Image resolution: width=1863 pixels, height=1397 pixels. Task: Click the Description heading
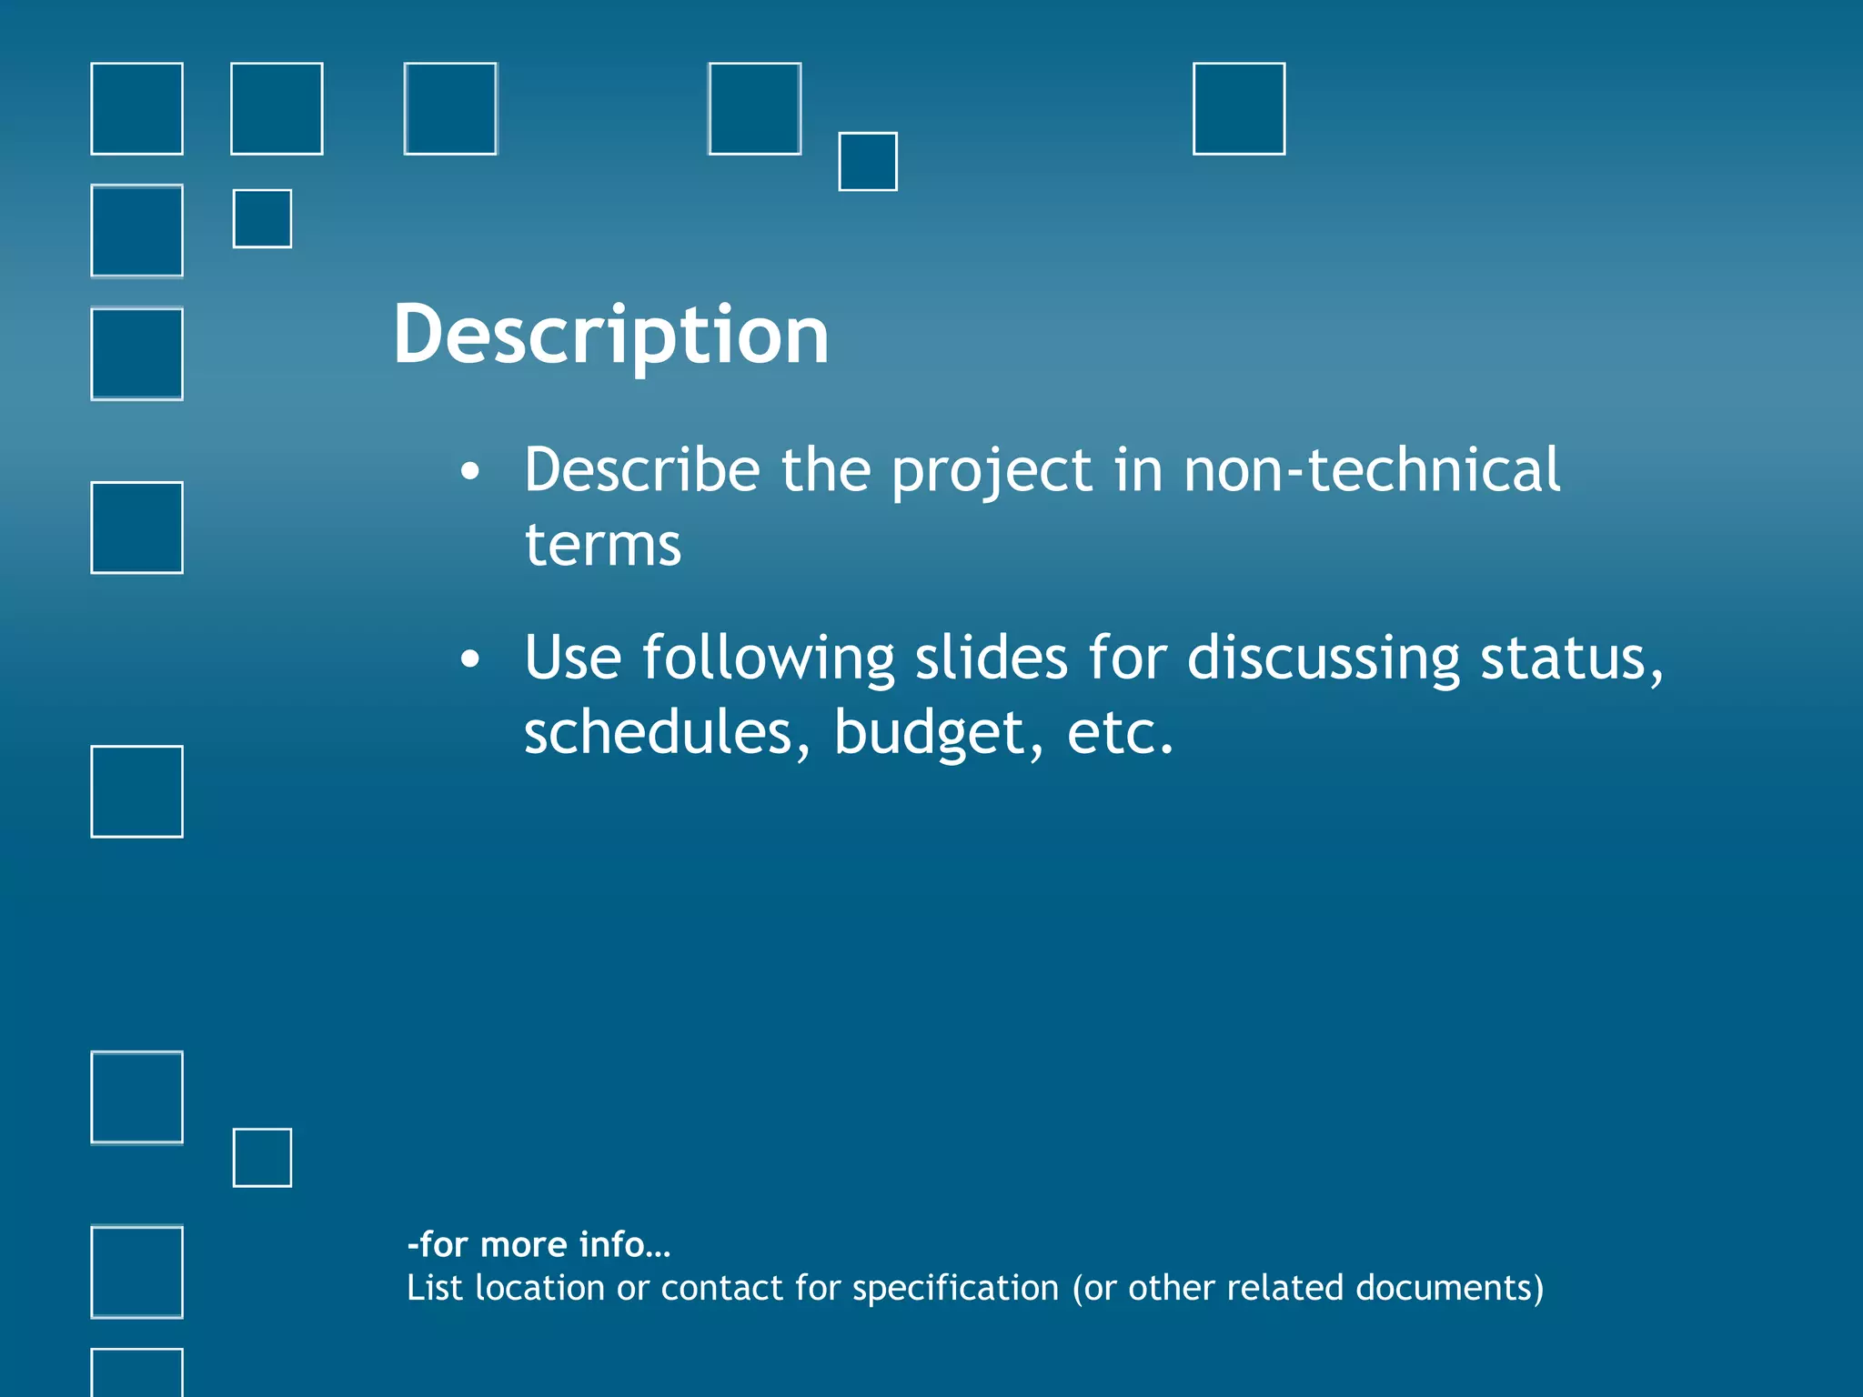click(610, 335)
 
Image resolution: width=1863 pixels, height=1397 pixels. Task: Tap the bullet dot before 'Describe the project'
click(469, 471)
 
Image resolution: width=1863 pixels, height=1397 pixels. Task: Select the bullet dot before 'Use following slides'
click(469, 658)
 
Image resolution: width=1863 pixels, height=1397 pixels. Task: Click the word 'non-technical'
click(1371, 470)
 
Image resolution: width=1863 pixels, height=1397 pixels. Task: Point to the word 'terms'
click(602, 546)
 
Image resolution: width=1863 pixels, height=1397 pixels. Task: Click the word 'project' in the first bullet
click(992, 472)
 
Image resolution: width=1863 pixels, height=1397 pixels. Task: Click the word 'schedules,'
click(667, 732)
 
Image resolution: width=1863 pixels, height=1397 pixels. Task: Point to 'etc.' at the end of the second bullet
click(1120, 733)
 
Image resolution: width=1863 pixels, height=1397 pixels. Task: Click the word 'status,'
click(1572, 658)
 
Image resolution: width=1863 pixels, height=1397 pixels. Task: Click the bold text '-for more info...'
click(539, 1244)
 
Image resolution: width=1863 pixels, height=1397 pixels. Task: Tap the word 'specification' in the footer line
click(955, 1288)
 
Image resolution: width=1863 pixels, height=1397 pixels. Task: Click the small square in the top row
click(868, 162)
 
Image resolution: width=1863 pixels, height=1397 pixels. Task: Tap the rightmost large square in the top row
click(1239, 109)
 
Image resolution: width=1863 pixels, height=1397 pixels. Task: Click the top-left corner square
click(137, 109)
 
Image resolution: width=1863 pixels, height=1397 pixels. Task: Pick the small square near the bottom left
click(263, 1158)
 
